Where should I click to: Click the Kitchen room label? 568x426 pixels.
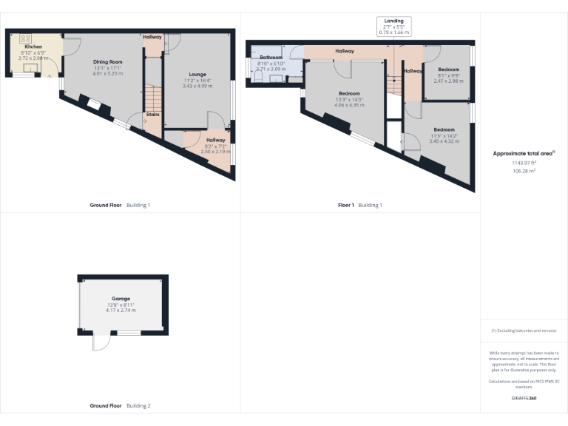click(34, 47)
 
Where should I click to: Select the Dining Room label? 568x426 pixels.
click(107, 61)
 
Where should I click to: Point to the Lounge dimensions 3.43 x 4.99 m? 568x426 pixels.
click(197, 86)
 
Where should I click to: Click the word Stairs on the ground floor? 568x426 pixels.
click(153, 115)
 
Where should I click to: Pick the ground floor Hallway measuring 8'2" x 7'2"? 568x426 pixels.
click(216, 140)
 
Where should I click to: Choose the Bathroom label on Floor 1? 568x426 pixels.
click(271, 57)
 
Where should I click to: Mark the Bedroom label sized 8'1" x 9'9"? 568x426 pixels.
click(447, 70)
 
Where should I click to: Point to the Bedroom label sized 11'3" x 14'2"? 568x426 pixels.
click(444, 129)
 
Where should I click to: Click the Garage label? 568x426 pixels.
click(121, 298)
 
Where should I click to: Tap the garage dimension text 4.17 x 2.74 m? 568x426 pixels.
click(121, 311)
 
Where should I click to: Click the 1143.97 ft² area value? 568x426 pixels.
click(524, 162)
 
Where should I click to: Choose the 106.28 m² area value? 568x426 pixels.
click(524, 170)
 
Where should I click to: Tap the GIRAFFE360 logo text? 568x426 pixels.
click(524, 399)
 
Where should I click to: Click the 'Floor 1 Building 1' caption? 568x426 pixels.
click(359, 204)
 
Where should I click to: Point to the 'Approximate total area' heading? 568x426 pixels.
click(523, 154)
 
